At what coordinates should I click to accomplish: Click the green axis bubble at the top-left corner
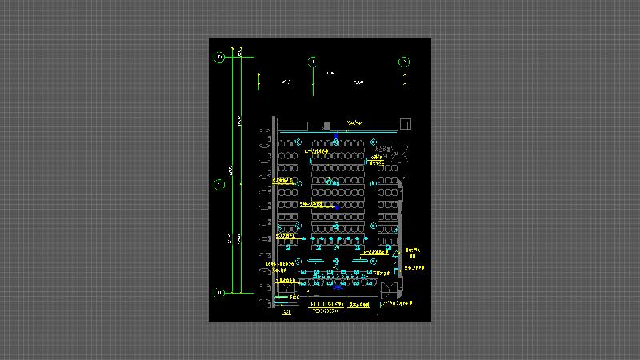click(218, 57)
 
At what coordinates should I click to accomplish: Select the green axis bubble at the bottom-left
click(218, 294)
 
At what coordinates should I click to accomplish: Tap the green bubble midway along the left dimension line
click(218, 185)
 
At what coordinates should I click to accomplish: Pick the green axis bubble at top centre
click(313, 62)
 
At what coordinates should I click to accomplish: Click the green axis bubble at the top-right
click(404, 62)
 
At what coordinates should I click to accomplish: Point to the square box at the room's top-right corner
click(405, 122)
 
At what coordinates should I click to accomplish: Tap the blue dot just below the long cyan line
click(336, 141)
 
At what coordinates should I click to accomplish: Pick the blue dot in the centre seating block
click(336, 206)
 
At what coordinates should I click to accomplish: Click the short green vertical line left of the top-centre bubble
click(260, 80)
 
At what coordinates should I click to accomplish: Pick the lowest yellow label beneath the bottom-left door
click(286, 312)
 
